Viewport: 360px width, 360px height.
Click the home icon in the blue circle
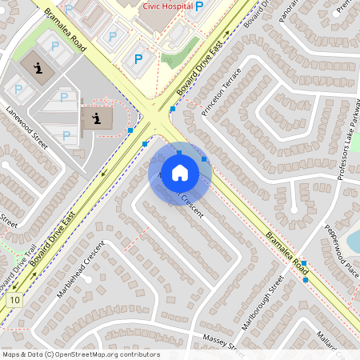180,173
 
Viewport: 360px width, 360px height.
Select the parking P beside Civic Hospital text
199,5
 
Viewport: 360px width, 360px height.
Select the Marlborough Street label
263,303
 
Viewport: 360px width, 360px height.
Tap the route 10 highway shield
15,299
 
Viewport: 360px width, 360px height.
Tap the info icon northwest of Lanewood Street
38,68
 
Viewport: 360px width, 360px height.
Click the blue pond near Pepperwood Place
354,240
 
